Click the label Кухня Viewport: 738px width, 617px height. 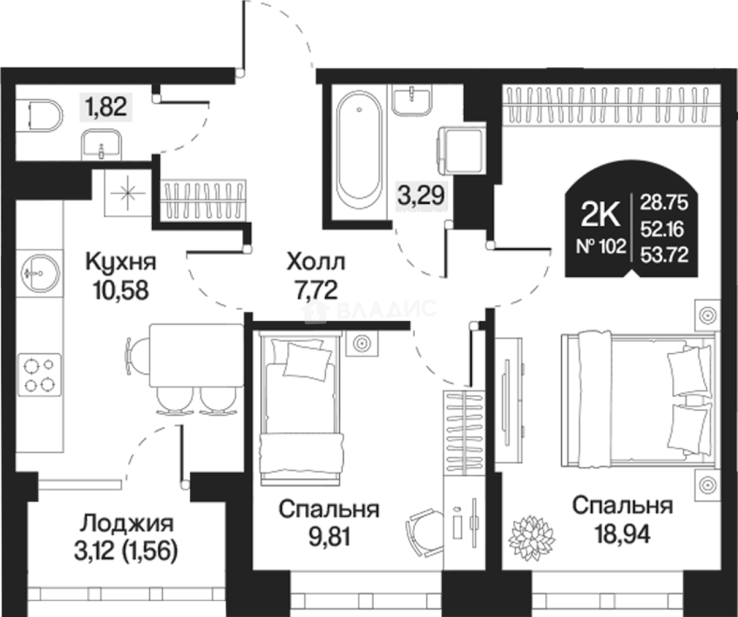pos(121,262)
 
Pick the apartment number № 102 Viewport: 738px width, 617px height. pos(600,246)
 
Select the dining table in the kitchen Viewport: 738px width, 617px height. pos(196,355)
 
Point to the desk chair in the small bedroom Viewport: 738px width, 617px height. pos(423,527)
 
